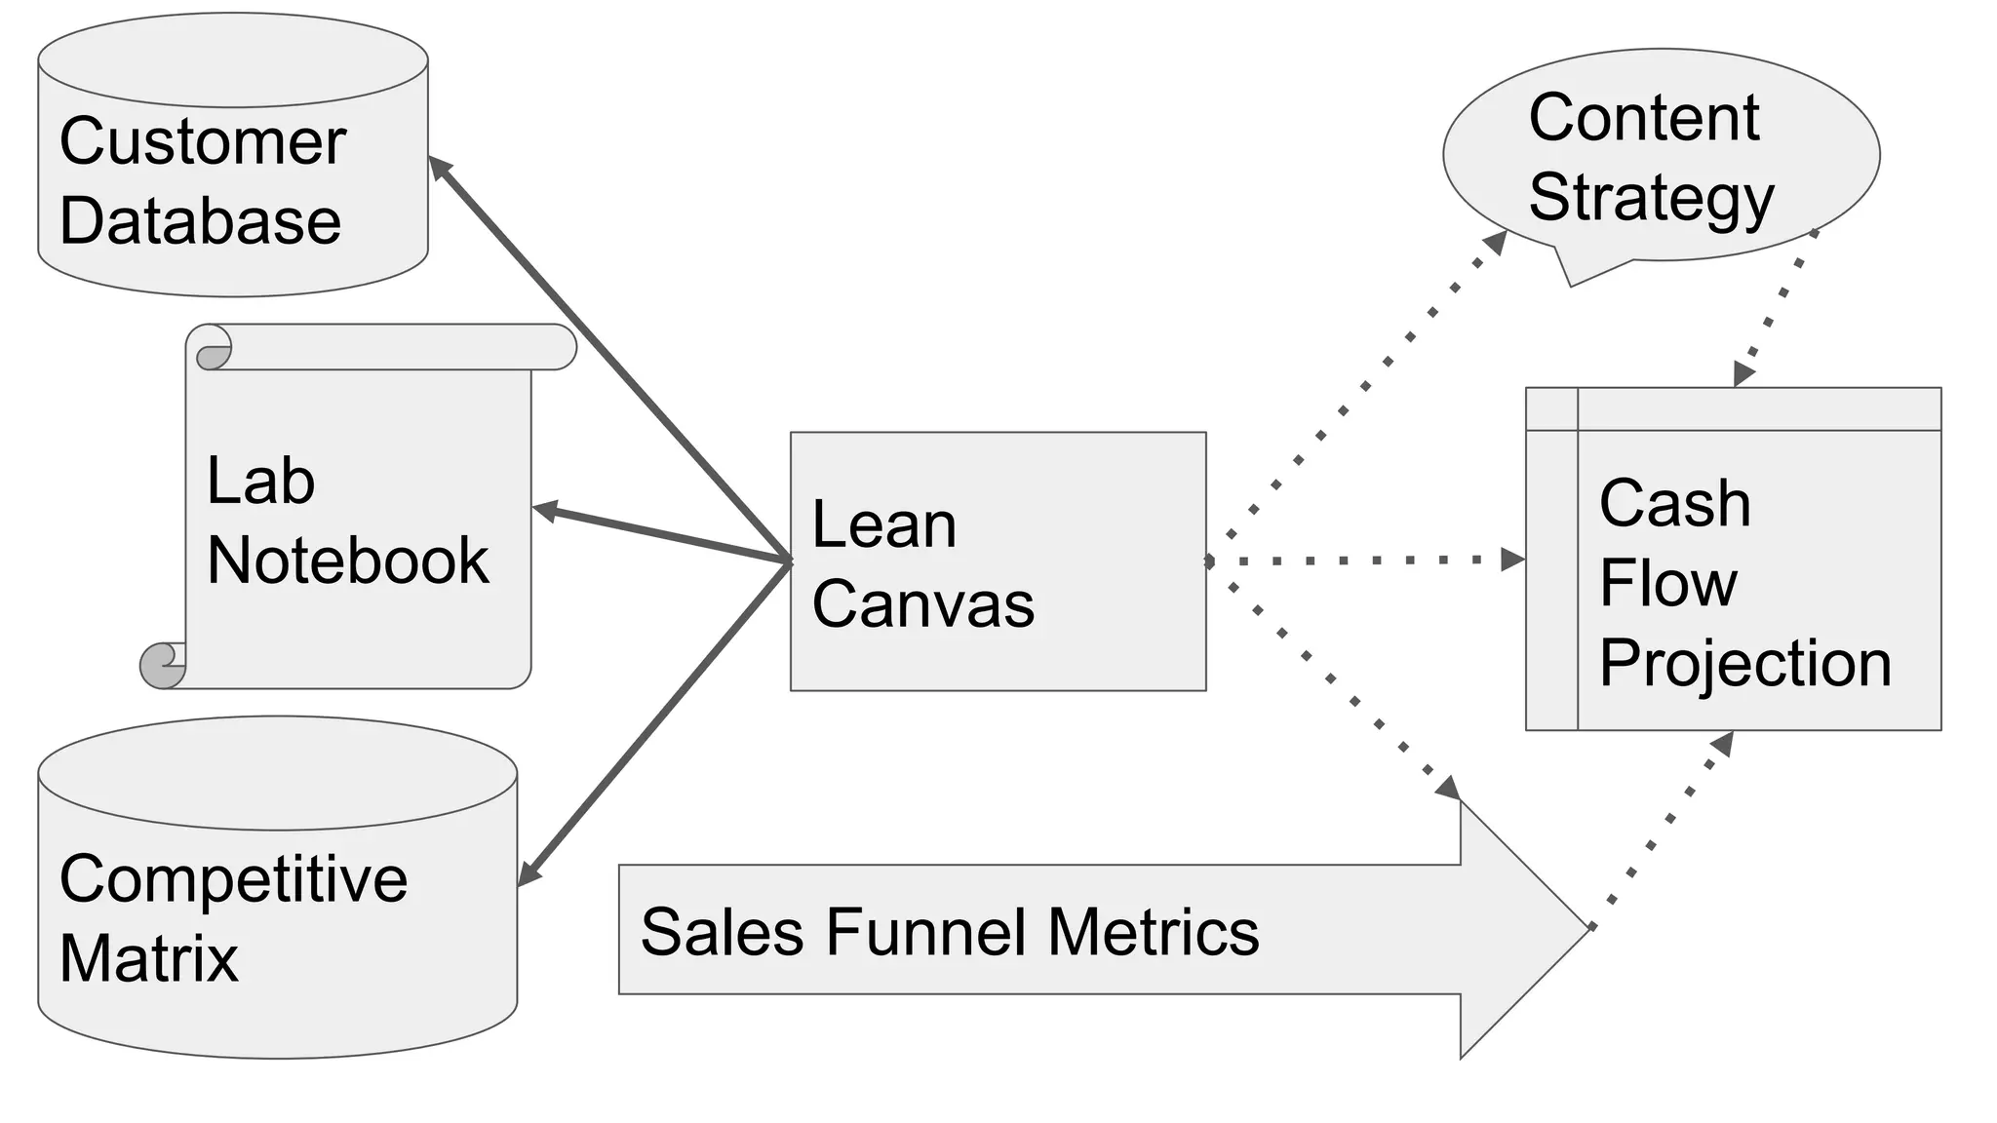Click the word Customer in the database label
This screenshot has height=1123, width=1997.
coord(203,142)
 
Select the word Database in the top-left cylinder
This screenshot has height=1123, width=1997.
coord(201,221)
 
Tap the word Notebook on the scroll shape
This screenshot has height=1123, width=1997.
coord(348,561)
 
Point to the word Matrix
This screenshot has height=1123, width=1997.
coord(149,959)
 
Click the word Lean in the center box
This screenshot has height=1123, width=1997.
coord(884,524)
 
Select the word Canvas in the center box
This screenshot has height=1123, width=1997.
coord(923,604)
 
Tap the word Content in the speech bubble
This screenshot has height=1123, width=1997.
coord(1644,118)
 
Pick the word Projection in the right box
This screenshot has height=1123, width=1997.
coord(1745,665)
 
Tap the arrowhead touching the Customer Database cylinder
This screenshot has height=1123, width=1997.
coord(440,167)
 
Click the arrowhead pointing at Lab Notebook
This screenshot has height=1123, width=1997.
coord(545,511)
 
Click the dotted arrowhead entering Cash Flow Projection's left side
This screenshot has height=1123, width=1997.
coord(1513,560)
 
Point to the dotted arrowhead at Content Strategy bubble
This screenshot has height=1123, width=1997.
coord(1496,243)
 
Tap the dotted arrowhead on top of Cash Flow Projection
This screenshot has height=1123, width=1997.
coord(1743,374)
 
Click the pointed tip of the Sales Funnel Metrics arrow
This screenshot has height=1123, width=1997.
coord(1589,928)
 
